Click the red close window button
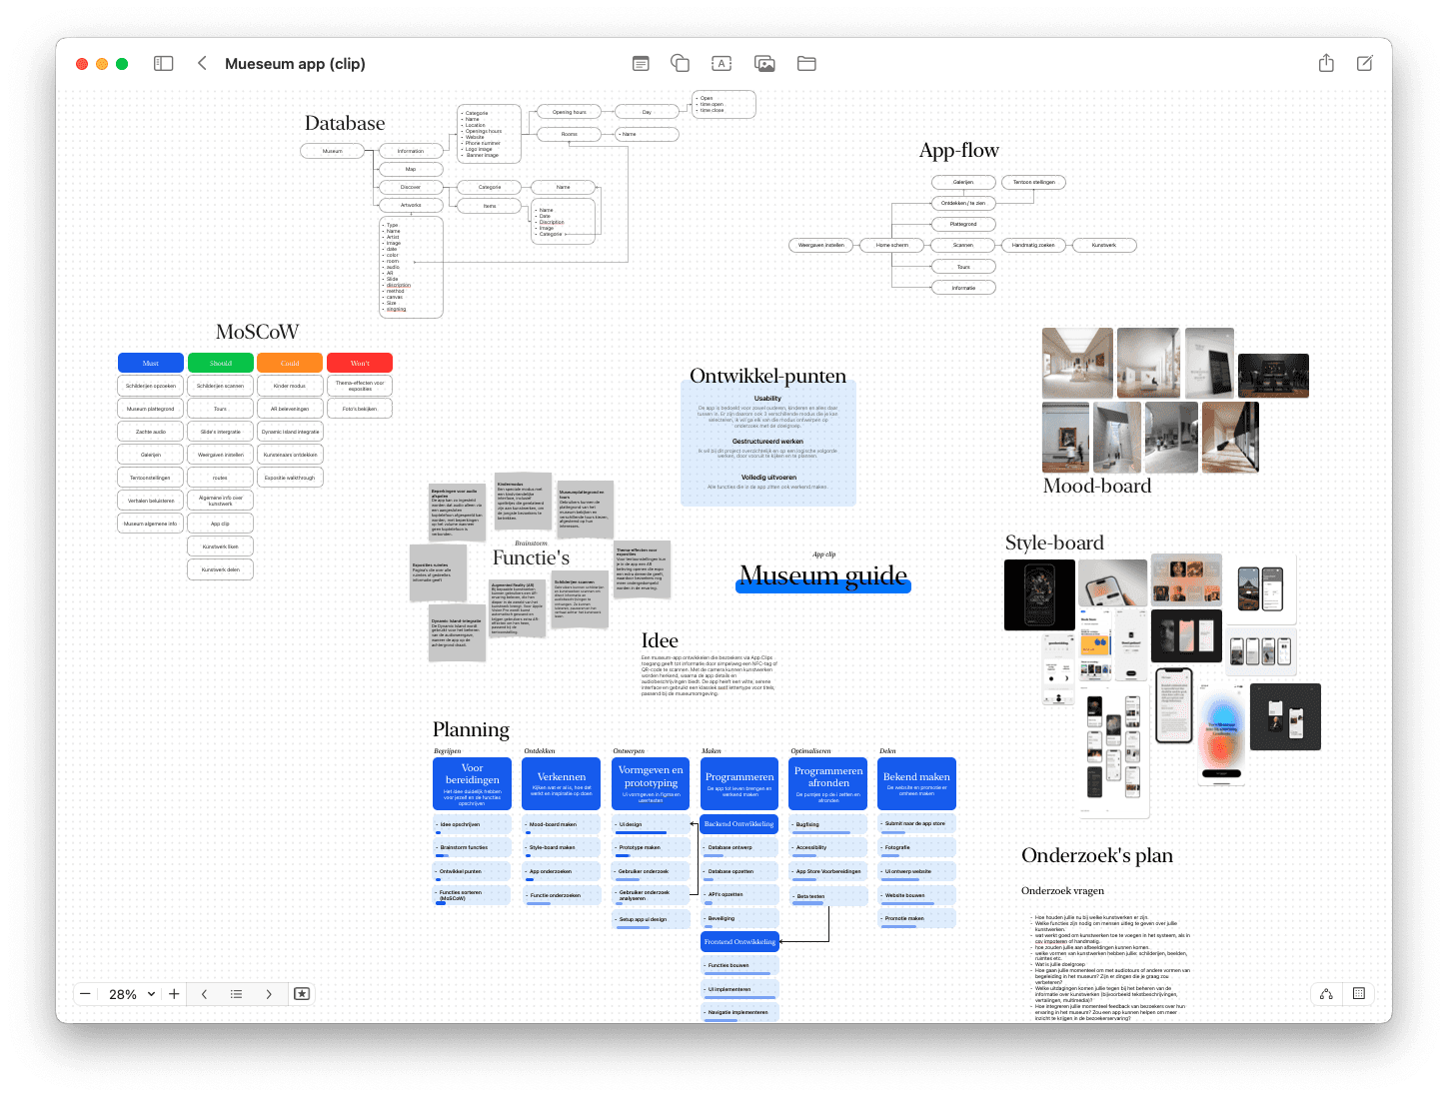[82, 64]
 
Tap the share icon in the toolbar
[1326, 64]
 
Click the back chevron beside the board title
[202, 64]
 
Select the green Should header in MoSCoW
[220, 363]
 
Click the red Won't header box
[360, 363]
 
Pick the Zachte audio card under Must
[151, 432]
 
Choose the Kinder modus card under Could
[290, 386]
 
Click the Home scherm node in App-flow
[892, 245]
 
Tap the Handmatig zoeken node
[1033, 245]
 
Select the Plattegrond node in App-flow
[963, 224]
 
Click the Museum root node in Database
[333, 151]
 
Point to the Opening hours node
[570, 112]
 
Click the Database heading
[345, 124]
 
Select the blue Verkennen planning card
[562, 782]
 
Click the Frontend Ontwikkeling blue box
[739, 941]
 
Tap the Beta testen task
[828, 896]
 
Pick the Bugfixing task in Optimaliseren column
[828, 825]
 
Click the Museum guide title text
[823, 576]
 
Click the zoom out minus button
[86, 994]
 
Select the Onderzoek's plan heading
[1097, 855]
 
